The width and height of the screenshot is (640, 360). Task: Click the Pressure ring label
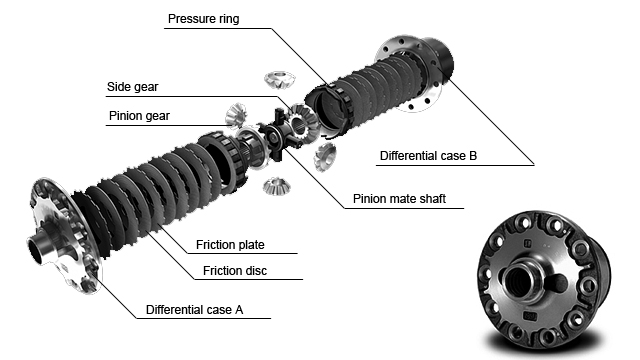pyautogui.click(x=203, y=19)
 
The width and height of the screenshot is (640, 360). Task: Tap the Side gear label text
pyautogui.click(x=132, y=87)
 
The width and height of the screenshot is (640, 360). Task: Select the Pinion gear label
pyautogui.click(x=139, y=116)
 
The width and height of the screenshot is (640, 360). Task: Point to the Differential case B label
pyautogui.click(x=428, y=156)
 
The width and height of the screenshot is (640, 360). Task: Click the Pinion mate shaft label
pyautogui.click(x=399, y=199)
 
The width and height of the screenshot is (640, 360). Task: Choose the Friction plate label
pyautogui.click(x=230, y=245)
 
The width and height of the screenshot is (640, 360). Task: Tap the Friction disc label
pyautogui.click(x=235, y=271)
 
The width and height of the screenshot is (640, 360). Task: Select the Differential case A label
pyautogui.click(x=194, y=310)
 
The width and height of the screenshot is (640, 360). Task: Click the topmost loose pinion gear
pyautogui.click(x=279, y=79)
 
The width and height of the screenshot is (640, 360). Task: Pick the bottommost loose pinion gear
pyautogui.click(x=276, y=186)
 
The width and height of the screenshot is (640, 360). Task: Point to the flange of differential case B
pyautogui.click(x=408, y=73)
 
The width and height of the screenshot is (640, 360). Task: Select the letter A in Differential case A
pyautogui.click(x=239, y=310)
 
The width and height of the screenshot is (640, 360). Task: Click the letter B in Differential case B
pyautogui.click(x=473, y=156)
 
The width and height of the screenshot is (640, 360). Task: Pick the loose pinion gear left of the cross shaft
pyautogui.click(x=236, y=115)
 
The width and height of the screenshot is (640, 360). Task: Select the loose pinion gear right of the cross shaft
pyautogui.click(x=325, y=157)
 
